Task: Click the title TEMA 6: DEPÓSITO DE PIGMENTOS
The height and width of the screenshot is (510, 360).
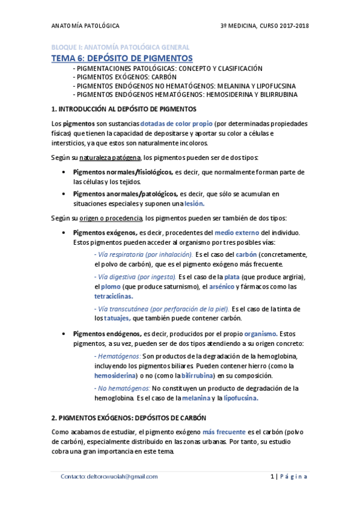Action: [x=121, y=58]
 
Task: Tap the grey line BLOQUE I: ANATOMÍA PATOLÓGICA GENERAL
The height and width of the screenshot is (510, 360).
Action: [x=120, y=46]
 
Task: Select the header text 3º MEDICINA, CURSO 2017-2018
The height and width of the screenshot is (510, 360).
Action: [x=264, y=26]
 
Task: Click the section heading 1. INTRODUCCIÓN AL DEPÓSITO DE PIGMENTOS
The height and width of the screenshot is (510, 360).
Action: [x=124, y=109]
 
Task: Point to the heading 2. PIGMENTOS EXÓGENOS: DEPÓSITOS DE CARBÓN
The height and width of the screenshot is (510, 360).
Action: [x=129, y=417]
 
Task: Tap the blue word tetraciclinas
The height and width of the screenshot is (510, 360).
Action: [x=114, y=296]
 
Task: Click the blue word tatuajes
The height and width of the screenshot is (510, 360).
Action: [x=116, y=318]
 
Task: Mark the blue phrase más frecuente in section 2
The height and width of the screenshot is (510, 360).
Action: [x=222, y=432]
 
